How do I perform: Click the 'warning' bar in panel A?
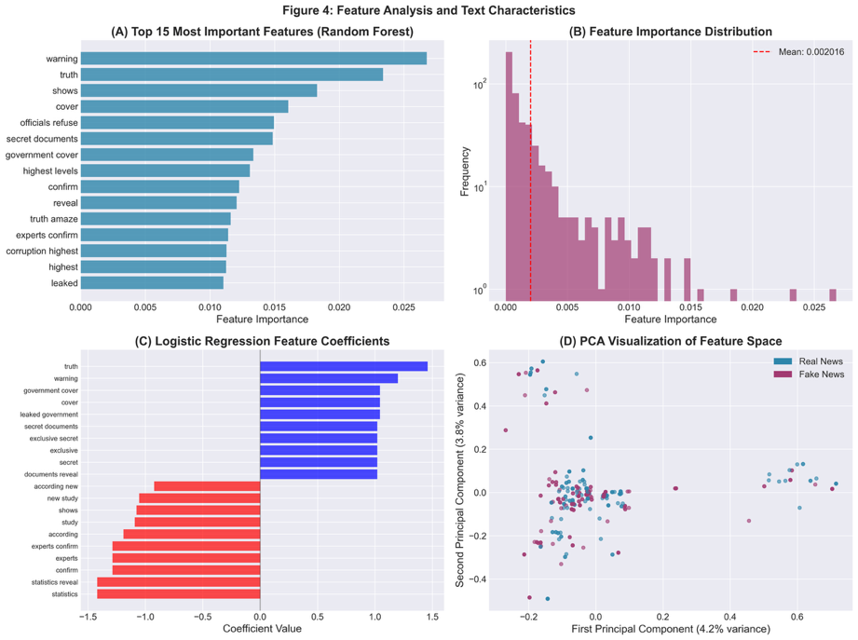tap(253, 59)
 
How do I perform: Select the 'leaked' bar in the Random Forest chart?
tap(152, 283)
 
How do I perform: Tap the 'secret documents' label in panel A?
tap(42, 139)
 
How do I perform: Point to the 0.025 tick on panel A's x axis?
tap(402, 306)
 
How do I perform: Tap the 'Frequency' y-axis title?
tap(465, 168)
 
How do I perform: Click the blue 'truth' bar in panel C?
tap(343, 366)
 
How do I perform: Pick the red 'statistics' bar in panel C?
tap(178, 593)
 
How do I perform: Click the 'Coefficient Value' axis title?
tap(262, 629)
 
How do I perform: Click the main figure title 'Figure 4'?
tap(429, 10)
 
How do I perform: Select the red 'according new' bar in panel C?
tap(206, 486)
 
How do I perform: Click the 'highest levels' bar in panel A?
tap(165, 170)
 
